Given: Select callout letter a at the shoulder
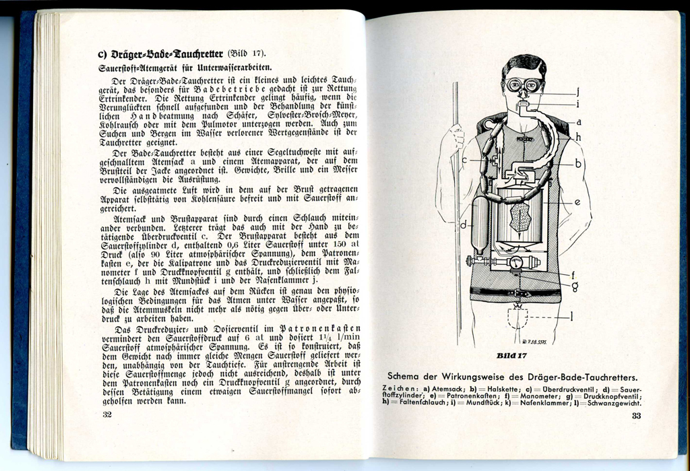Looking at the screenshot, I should pos(578,122).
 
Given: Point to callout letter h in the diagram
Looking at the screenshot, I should pos(578,137).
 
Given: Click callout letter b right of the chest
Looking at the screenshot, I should pos(578,163).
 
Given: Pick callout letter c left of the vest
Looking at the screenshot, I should pos(464,160).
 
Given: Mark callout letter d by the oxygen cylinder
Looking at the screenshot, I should pos(464,223).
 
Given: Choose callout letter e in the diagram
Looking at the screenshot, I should pos(577,201).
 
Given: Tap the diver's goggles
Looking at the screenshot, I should pos(524,86).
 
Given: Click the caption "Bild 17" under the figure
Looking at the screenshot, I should pos(511,356).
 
